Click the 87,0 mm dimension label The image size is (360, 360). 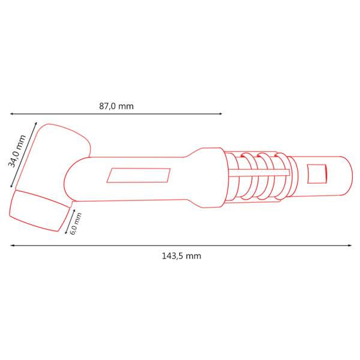[x=116, y=106]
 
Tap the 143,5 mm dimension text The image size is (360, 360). [x=181, y=256]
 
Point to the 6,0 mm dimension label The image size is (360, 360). [x=76, y=223]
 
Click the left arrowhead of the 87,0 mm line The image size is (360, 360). [x=11, y=114]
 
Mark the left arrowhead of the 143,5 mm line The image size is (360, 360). [x=11, y=245]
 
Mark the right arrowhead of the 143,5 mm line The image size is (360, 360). [x=350, y=245]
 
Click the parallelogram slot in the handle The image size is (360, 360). [x=139, y=175]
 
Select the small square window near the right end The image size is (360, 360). [x=317, y=174]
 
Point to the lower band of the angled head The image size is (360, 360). [x=38, y=211]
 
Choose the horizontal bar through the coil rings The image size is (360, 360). [x=259, y=173]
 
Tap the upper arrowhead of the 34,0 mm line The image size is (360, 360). [x=36, y=124]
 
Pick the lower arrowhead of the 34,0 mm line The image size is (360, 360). [x=11, y=187]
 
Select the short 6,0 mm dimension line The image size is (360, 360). [x=70, y=221]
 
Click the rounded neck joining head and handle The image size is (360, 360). [x=76, y=180]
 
